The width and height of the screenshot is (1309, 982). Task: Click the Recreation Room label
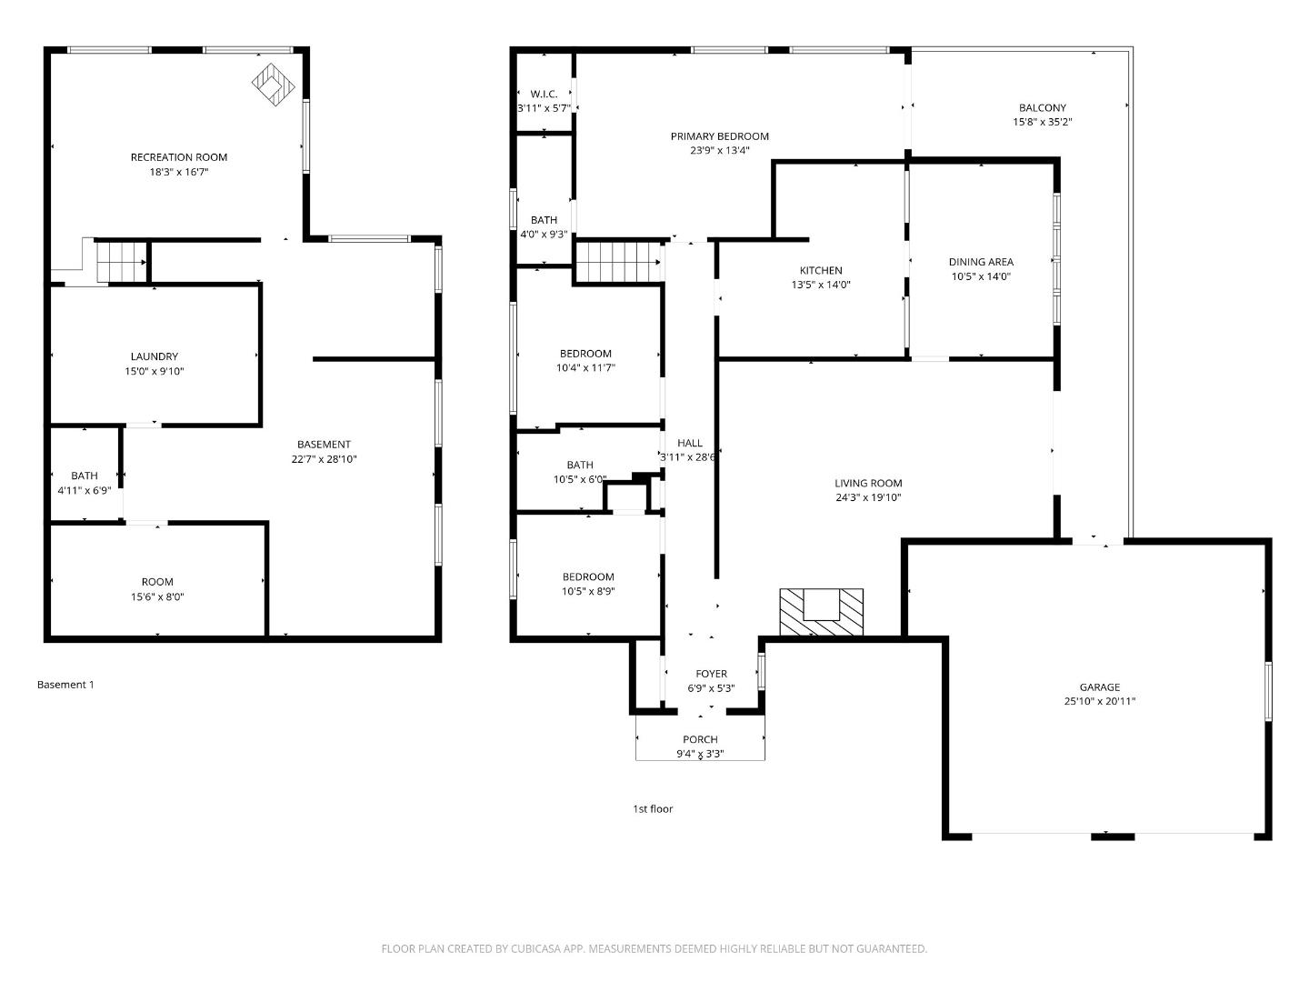pos(179,157)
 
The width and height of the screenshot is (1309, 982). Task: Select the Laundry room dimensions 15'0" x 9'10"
pos(155,371)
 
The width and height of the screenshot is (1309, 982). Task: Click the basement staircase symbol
pos(121,262)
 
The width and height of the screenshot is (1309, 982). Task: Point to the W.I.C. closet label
pos(544,94)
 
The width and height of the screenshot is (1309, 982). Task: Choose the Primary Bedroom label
pos(719,136)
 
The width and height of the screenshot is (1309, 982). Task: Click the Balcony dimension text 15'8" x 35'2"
pos(1043,122)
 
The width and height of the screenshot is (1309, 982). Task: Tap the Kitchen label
pos(820,270)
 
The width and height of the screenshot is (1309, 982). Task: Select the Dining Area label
pos(981,262)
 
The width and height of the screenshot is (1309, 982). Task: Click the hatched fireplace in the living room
pos(822,611)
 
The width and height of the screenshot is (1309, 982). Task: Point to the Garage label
pos(1099,687)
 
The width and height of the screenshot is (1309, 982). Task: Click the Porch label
pos(700,739)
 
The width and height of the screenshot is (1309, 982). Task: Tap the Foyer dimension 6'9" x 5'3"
pos(711,688)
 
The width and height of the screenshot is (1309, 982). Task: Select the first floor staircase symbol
pos(618,262)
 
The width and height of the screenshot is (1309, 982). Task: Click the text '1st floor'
pos(653,808)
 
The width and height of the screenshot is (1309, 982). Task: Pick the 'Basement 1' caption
pos(65,685)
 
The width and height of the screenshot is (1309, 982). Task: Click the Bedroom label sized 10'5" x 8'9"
pos(588,576)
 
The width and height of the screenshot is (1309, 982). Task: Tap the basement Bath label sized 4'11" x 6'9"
pos(85,476)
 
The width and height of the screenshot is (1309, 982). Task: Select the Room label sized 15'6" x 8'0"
pos(157,582)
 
